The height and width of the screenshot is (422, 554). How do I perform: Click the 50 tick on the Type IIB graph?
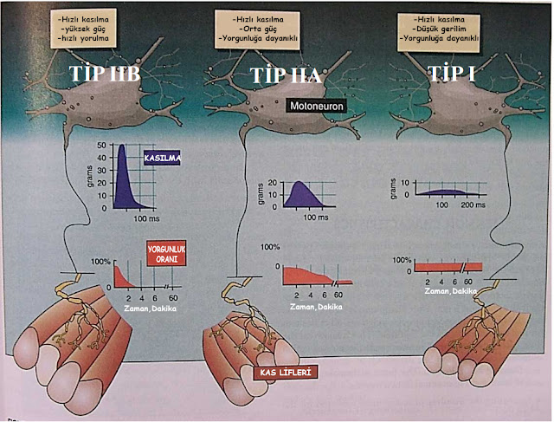(x=101, y=146)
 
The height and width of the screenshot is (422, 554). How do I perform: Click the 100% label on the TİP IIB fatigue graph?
(x=100, y=261)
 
